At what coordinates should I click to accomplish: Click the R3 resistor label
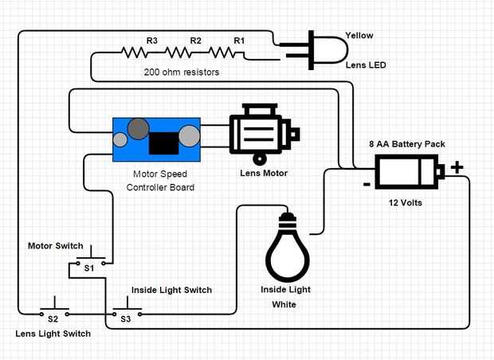tap(151, 40)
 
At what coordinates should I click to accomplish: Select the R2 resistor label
tap(195, 40)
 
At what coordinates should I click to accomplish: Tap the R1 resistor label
tap(239, 40)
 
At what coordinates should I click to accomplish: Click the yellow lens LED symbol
tap(319, 49)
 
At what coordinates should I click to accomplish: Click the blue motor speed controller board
tap(156, 137)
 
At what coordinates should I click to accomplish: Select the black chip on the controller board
tap(163, 143)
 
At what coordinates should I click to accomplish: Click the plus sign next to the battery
tap(457, 167)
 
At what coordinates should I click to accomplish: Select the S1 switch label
tap(89, 268)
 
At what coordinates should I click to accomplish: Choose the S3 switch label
tap(125, 319)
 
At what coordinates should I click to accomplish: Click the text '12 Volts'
tap(405, 203)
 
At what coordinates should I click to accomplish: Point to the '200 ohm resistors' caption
tap(182, 72)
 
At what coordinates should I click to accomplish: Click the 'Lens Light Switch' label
tap(53, 334)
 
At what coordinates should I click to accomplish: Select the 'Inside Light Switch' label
tap(171, 290)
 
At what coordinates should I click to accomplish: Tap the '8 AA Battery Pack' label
tap(406, 144)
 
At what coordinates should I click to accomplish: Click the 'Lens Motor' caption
tap(264, 172)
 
